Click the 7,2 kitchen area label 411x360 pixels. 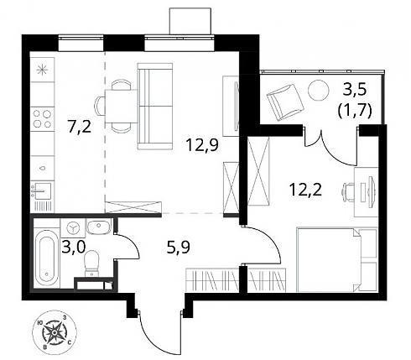(x=80, y=127)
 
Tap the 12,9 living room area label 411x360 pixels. (x=202, y=145)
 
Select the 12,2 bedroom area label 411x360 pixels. (x=305, y=190)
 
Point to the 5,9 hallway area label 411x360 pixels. (x=178, y=248)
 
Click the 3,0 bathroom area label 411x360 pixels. (x=73, y=248)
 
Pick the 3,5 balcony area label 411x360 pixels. (x=355, y=91)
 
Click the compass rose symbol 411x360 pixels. (x=55, y=333)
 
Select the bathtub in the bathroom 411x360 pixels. (x=47, y=258)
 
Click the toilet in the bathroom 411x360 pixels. (x=92, y=263)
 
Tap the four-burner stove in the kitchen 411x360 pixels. (x=42, y=118)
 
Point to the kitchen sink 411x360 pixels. (x=42, y=191)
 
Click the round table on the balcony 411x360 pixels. (x=319, y=91)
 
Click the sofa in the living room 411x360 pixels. (x=154, y=107)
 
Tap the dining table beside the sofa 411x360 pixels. (x=122, y=107)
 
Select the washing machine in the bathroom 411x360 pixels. (x=73, y=227)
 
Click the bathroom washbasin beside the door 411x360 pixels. (x=98, y=227)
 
